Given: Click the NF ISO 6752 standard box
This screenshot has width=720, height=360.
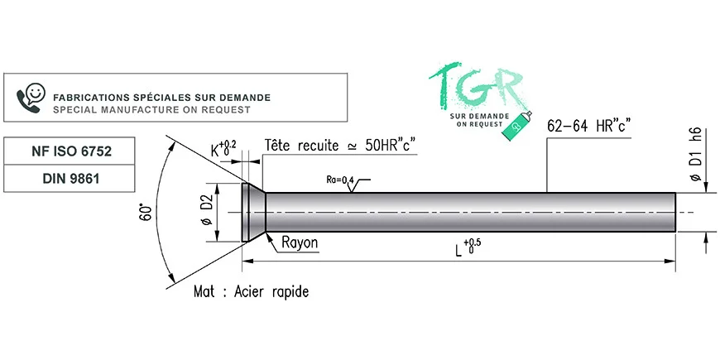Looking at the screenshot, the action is [70, 151].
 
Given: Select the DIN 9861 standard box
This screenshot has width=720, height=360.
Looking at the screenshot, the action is [70, 178].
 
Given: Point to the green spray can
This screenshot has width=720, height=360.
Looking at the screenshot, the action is [517, 126].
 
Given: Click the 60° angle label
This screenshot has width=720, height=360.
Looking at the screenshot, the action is [146, 213].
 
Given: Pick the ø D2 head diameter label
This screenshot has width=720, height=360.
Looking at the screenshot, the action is [208, 212].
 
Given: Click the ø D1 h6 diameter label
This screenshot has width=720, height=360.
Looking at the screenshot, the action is [696, 154].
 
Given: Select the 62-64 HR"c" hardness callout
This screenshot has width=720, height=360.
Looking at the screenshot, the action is [589, 127].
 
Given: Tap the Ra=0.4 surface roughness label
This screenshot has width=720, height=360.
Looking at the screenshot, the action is [340, 180].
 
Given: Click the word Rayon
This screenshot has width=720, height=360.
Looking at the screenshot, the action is [300, 242].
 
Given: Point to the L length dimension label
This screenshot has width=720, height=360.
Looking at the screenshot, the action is [468, 247].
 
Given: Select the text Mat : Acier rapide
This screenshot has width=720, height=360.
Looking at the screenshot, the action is [252, 291].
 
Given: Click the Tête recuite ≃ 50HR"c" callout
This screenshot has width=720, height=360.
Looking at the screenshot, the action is [341, 146].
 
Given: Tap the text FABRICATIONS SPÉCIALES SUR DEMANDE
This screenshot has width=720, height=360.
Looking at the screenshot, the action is [161, 98].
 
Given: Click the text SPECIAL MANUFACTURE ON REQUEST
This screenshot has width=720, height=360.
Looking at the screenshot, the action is [152, 110].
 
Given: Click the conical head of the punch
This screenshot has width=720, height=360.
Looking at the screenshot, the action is [253, 212].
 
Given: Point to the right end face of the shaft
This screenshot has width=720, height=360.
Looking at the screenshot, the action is [675, 212].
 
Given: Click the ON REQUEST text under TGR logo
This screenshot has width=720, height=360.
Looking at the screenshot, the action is [479, 124].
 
